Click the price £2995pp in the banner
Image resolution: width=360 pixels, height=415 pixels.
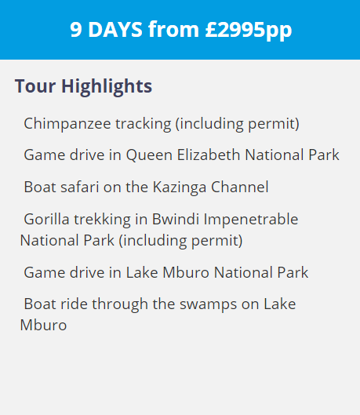pyautogui.click(x=249, y=30)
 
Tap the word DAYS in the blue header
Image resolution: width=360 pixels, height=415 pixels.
pyautogui.click(x=115, y=29)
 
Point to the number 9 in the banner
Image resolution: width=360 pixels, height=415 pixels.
pyautogui.click(x=76, y=29)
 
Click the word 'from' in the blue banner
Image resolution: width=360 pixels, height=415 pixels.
pyautogui.click(x=173, y=29)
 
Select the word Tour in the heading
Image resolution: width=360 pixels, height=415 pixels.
pyautogui.click(x=35, y=86)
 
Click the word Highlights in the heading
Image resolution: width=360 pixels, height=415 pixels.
pyautogui.click(x=107, y=87)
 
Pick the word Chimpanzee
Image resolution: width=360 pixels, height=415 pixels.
pyautogui.click(x=67, y=124)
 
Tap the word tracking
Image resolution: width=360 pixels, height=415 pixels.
pyautogui.click(x=143, y=124)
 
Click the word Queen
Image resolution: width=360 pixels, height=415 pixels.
pyautogui.click(x=149, y=155)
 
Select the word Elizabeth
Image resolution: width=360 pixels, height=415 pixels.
pyautogui.click(x=209, y=155)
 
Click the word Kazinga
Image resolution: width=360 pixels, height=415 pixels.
pyautogui.click(x=180, y=187)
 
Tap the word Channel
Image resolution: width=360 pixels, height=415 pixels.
pyautogui.click(x=240, y=187)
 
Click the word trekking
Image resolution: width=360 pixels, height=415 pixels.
pyautogui.click(x=102, y=220)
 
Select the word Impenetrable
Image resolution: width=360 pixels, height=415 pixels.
pyautogui.click(x=251, y=220)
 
